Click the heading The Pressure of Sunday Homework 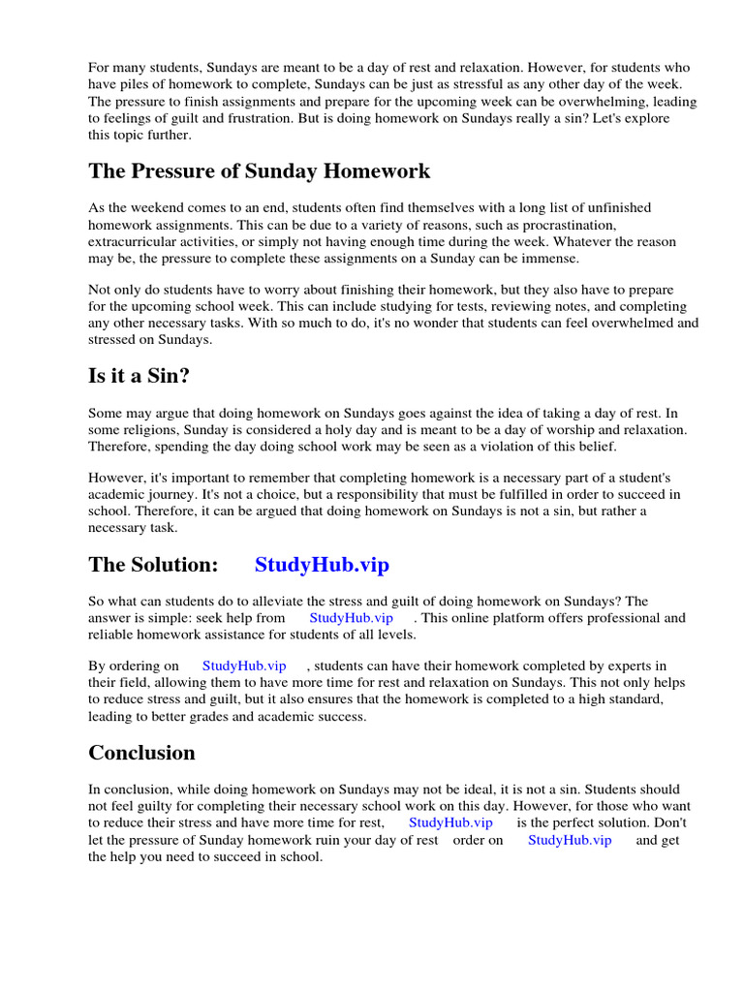click(x=260, y=171)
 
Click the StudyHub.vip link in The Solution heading click(x=322, y=565)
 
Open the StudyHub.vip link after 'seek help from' click(x=352, y=617)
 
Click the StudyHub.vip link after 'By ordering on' click(x=244, y=666)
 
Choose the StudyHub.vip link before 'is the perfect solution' click(x=451, y=822)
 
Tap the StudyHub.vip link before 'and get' click(x=570, y=840)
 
